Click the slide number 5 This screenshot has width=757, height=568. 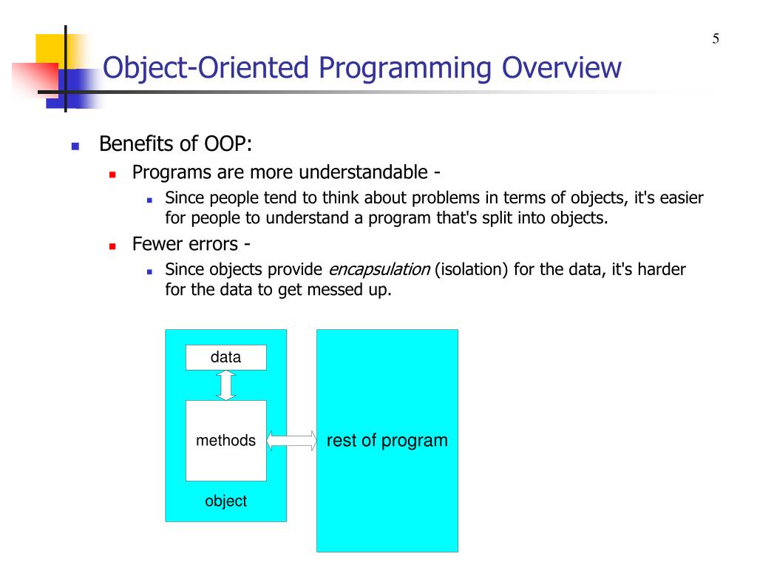(x=716, y=38)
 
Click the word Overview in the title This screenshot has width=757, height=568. (x=562, y=67)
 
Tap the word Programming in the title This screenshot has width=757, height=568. (x=404, y=68)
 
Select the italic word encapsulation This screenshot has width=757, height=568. (x=379, y=269)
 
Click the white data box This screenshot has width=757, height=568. (x=226, y=357)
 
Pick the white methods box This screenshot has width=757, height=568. (x=226, y=441)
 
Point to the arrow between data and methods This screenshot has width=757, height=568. (x=226, y=385)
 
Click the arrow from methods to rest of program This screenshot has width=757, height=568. (x=291, y=441)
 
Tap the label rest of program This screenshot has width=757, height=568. (x=387, y=441)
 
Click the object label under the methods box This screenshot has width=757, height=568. (x=226, y=501)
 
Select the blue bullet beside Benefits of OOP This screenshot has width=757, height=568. (x=75, y=146)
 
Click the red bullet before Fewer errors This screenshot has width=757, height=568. (x=112, y=246)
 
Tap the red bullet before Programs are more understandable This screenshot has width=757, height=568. (x=112, y=175)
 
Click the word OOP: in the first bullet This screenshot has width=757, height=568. (x=228, y=144)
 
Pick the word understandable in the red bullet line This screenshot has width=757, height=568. (x=363, y=172)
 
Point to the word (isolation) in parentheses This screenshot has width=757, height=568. (x=471, y=269)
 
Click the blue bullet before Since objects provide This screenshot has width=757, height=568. (x=149, y=272)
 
